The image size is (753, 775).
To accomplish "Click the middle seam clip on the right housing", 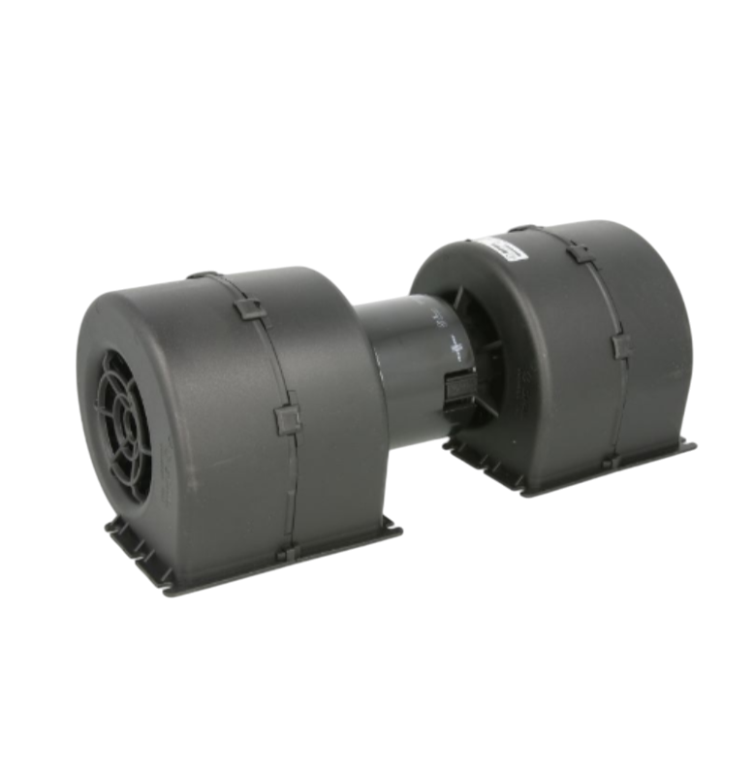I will (x=621, y=348).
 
